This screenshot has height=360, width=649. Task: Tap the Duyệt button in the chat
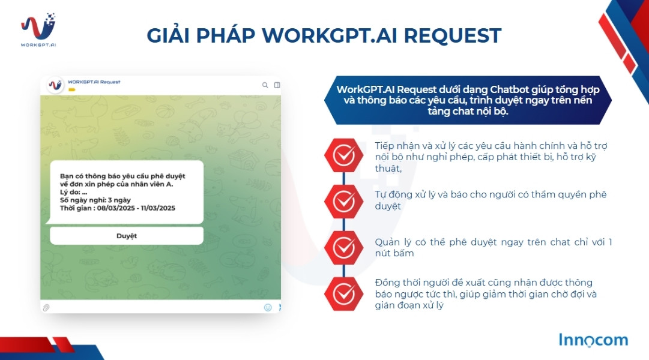(x=126, y=236)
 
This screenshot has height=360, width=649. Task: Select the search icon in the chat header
(x=265, y=85)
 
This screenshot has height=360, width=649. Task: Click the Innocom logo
(x=593, y=340)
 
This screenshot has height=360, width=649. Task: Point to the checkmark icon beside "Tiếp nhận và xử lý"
(x=343, y=155)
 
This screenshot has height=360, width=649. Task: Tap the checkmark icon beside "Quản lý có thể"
(x=343, y=247)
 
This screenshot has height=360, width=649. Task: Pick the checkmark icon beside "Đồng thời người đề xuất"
(x=343, y=293)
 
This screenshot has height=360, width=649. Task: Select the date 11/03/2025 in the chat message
(x=157, y=208)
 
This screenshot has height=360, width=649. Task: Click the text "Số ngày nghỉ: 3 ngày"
(x=95, y=200)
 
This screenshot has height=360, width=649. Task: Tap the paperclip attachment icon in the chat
(x=46, y=307)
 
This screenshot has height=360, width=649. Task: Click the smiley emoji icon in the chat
(x=268, y=307)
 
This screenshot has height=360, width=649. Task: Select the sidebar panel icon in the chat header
(x=277, y=85)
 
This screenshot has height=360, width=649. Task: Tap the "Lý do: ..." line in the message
(x=74, y=192)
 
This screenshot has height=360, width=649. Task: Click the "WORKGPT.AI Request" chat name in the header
(x=94, y=82)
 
